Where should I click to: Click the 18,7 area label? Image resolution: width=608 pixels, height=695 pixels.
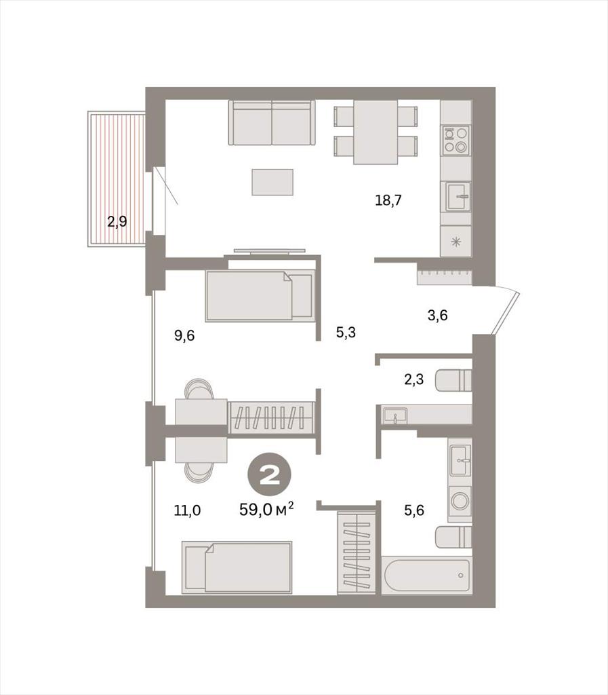pos(388,200)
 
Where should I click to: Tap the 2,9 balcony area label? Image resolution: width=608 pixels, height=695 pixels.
pos(117,221)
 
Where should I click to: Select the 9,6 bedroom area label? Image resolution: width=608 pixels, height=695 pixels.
pos(184,335)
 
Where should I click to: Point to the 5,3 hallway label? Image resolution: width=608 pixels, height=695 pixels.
pos(346,332)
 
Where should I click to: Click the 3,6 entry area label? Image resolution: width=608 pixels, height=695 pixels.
pos(438,315)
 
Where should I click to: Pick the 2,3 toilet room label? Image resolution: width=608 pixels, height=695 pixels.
pos(413,379)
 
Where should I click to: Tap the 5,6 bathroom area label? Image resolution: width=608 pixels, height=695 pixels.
pos(414,510)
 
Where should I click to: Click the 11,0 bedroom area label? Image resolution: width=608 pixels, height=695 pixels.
pos(187,510)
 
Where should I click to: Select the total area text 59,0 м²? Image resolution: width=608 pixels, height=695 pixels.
pos(267,509)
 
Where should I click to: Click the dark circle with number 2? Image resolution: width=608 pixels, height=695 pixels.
pos(269,476)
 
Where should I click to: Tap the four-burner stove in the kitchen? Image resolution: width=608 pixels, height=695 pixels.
pos(455,139)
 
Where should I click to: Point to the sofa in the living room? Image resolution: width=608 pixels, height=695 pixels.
pos(271,123)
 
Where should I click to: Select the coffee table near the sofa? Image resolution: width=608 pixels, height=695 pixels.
pos(272,182)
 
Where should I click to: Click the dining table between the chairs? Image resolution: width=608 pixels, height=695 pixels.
pos(376,132)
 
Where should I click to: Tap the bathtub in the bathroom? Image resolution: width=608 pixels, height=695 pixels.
pos(426,576)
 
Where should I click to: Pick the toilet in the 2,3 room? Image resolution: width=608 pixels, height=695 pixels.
pos(453,380)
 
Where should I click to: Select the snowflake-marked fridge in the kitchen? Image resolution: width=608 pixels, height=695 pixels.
pos(455,242)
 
